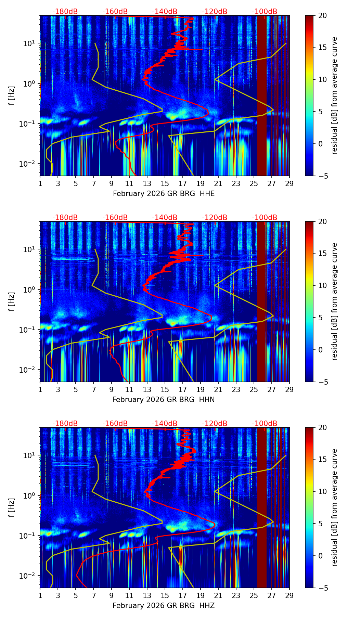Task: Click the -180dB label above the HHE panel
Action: point(65,12)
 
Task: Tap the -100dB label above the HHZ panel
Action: point(265,424)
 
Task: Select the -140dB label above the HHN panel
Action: point(165,218)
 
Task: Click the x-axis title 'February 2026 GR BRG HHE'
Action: point(164,194)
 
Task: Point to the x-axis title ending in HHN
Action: point(164,400)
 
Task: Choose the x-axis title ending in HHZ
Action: point(164,606)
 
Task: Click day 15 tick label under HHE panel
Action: point(165,183)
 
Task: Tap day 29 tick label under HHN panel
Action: point(289,389)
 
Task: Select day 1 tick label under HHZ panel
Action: point(40,595)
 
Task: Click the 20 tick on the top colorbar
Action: point(322,15)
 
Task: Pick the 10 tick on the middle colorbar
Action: point(322,285)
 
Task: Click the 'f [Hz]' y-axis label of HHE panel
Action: point(12,95)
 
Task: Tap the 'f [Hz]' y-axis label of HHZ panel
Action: point(12,507)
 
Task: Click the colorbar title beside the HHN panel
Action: point(335,301)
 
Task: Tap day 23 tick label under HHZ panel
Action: point(236,595)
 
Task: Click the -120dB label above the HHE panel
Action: point(215,12)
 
